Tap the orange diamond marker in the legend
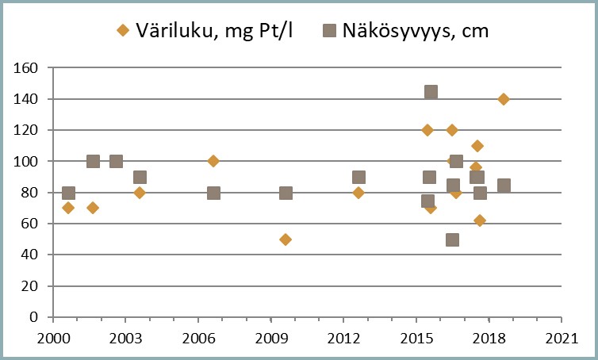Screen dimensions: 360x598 tap(122, 31)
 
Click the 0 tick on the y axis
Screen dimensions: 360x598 tap(35, 317)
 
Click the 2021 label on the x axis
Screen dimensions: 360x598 tap(561, 337)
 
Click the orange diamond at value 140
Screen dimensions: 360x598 tap(503, 99)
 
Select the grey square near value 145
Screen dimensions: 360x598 tap(431, 92)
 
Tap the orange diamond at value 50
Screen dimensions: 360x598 tap(286, 239)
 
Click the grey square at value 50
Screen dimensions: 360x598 tap(452, 239)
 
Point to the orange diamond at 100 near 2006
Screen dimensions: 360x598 tap(213, 161)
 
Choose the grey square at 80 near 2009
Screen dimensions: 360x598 tap(286, 193)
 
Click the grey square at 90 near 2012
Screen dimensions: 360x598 tap(358, 177)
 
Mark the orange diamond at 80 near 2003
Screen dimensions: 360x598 tap(140, 193)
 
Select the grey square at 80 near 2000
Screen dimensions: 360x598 tap(68, 193)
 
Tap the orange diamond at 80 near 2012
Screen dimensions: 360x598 tap(358, 193)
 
